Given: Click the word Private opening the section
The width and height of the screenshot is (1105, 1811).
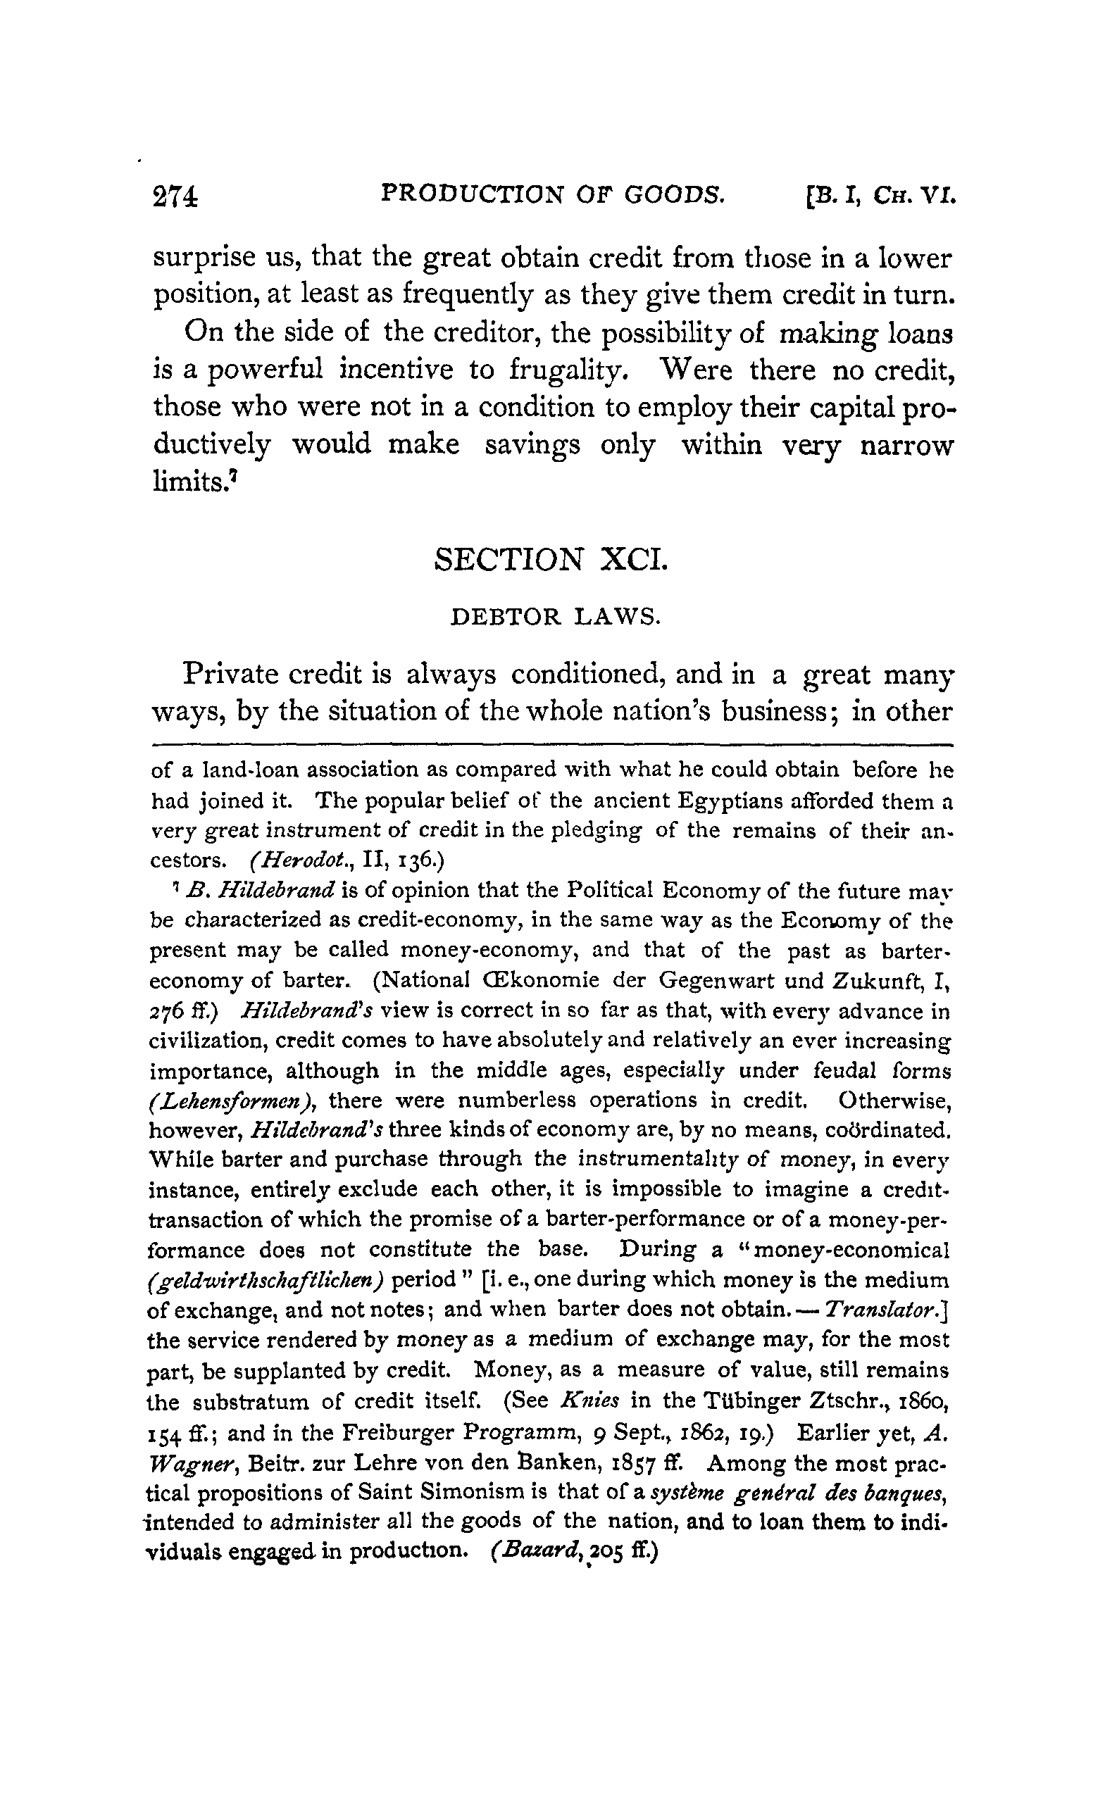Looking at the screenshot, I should [x=233, y=675].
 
